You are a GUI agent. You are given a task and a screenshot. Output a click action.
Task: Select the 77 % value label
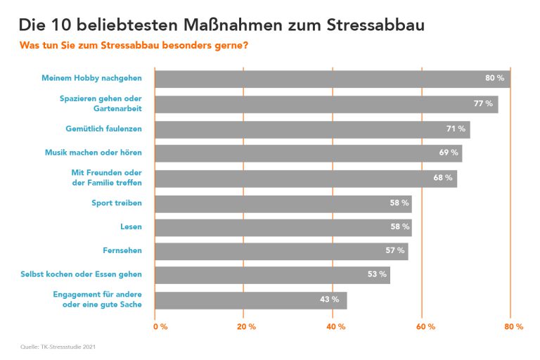pos(483,104)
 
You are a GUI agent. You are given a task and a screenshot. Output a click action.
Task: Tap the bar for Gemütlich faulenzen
pos(312,129)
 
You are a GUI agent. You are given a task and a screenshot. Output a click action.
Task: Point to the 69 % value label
pos(449,153)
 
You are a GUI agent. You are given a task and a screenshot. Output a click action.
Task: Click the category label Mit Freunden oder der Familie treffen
pos(106,178)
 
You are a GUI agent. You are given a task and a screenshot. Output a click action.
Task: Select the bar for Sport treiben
pos(283,203)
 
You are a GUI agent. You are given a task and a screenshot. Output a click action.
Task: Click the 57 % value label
pos(395,251)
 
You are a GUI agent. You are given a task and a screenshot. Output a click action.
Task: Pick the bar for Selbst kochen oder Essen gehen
pos(272,275)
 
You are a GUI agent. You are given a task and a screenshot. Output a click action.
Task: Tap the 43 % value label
pos(329,300)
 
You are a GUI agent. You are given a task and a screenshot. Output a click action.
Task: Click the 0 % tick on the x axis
pos(160,327)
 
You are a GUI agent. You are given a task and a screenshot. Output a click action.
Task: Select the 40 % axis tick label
pos(335,327)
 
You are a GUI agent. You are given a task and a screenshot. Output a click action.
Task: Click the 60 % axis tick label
pos(426,327)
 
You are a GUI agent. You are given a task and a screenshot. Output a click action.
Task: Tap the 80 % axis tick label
pos(514,327)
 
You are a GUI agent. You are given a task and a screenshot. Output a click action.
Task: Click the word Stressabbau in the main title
pos(376,26)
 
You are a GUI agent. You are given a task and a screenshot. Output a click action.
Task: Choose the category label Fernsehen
pos(122,250)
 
